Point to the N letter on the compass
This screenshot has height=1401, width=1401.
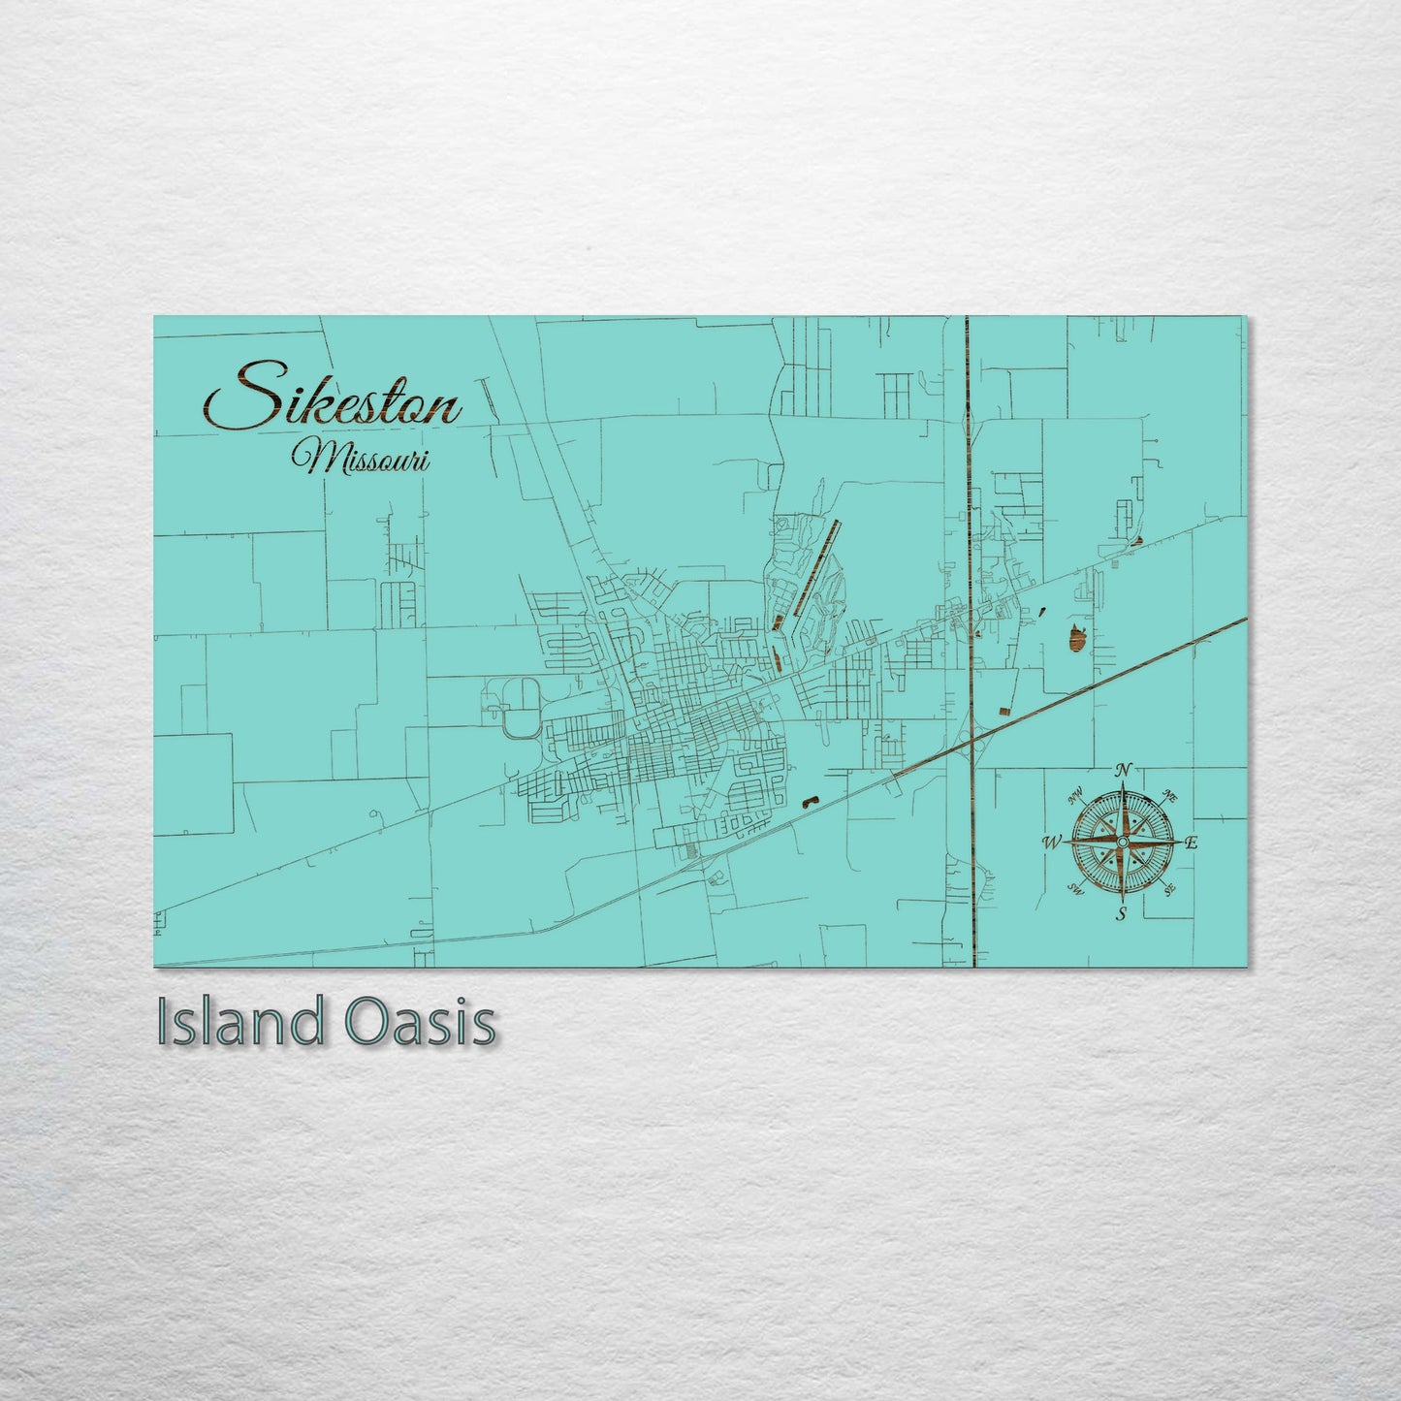pyautogui.click(x=1123, y=769)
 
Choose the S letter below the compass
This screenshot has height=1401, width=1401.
pyautogui.click(x=1122, y=914)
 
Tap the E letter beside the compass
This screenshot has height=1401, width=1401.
pyautogui.click(x=1192, y=843)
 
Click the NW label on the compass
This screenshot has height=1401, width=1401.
pyautogui.click(x=1074, y=799)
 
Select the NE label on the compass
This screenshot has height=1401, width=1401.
pyautogui.click(x=1170, y=797)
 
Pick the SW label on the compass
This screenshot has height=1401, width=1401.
pyautogui.click(x=1074, y=889)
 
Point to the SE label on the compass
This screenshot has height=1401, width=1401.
pyautogui.click(x=1169, y=888)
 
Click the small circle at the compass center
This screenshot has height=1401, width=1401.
pyautogui.click(x=1122, y=842)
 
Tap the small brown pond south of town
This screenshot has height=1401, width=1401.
pyautogui.click(x=809, y=801)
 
